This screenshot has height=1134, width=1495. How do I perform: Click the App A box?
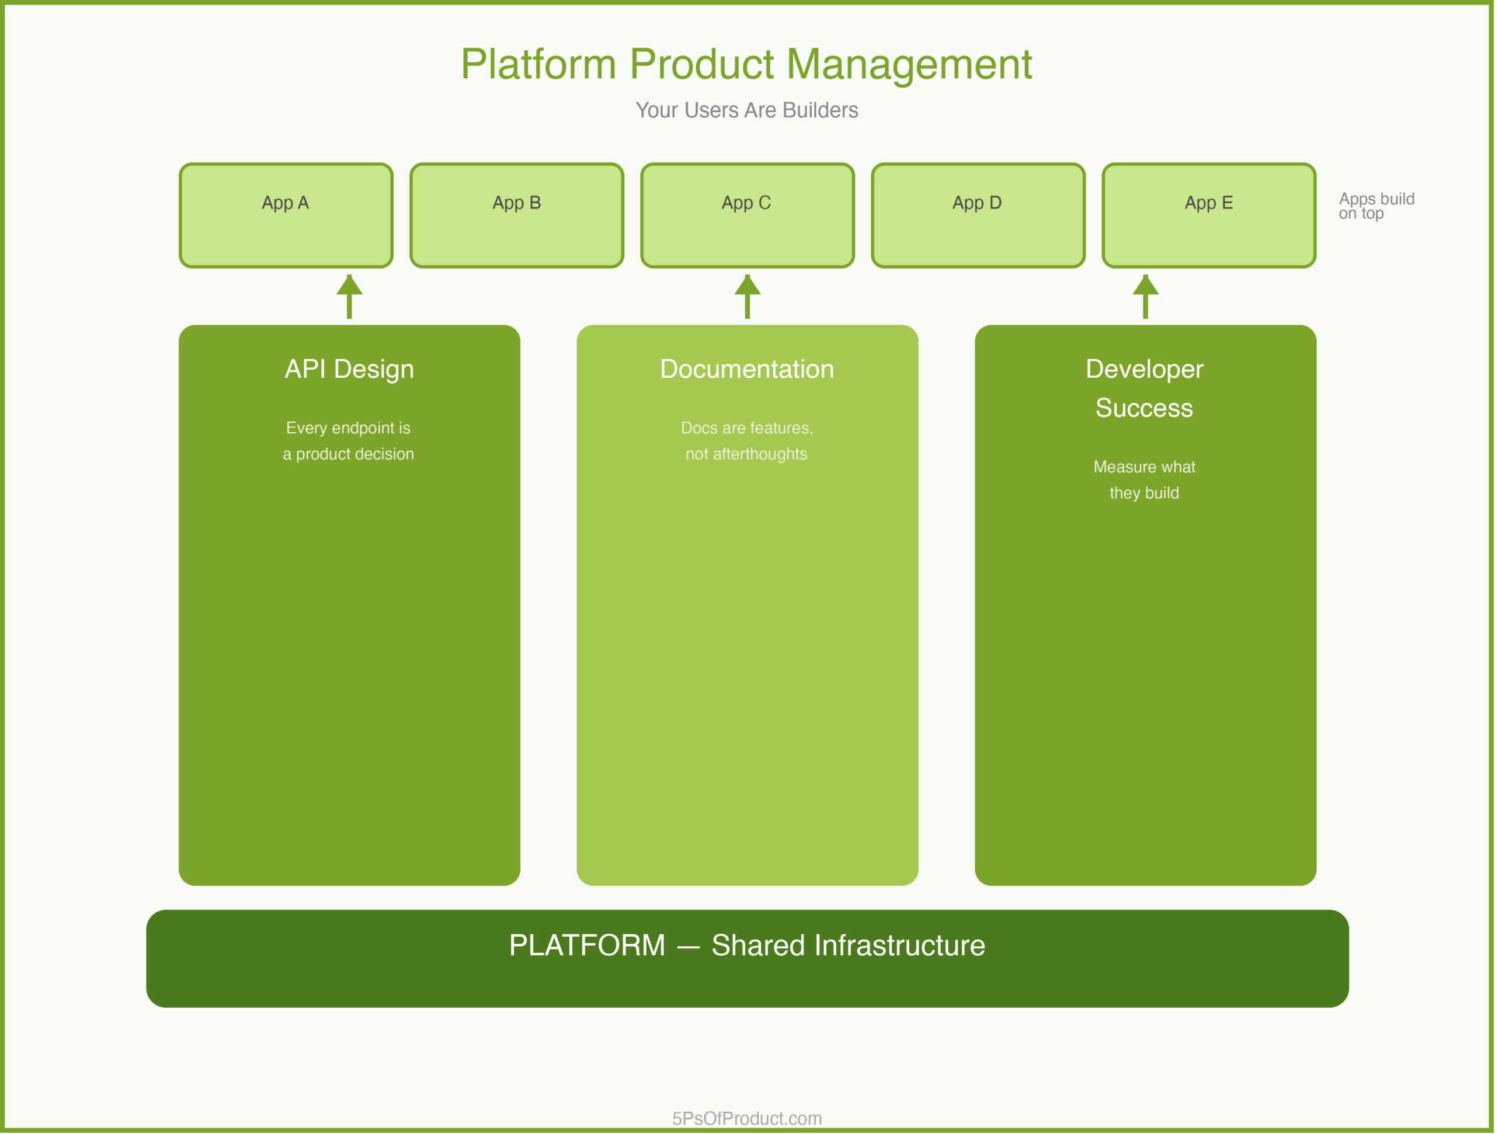286,215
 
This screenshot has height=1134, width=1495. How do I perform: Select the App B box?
516,215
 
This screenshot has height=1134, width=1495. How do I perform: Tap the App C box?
747,215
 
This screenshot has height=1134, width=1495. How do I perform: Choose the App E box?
1208,215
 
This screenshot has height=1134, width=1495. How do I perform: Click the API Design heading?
349,369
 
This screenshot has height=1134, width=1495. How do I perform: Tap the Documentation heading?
747,369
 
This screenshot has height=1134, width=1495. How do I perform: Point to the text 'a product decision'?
348,454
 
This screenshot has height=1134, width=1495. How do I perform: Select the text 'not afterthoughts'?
746,454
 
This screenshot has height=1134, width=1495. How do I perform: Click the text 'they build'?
1143,493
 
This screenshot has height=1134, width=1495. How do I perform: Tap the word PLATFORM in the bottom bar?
587,945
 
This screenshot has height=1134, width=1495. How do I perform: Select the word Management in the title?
909,65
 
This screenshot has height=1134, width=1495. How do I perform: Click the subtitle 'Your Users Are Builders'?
747,110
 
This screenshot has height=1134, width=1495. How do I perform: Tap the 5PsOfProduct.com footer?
747,1118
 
